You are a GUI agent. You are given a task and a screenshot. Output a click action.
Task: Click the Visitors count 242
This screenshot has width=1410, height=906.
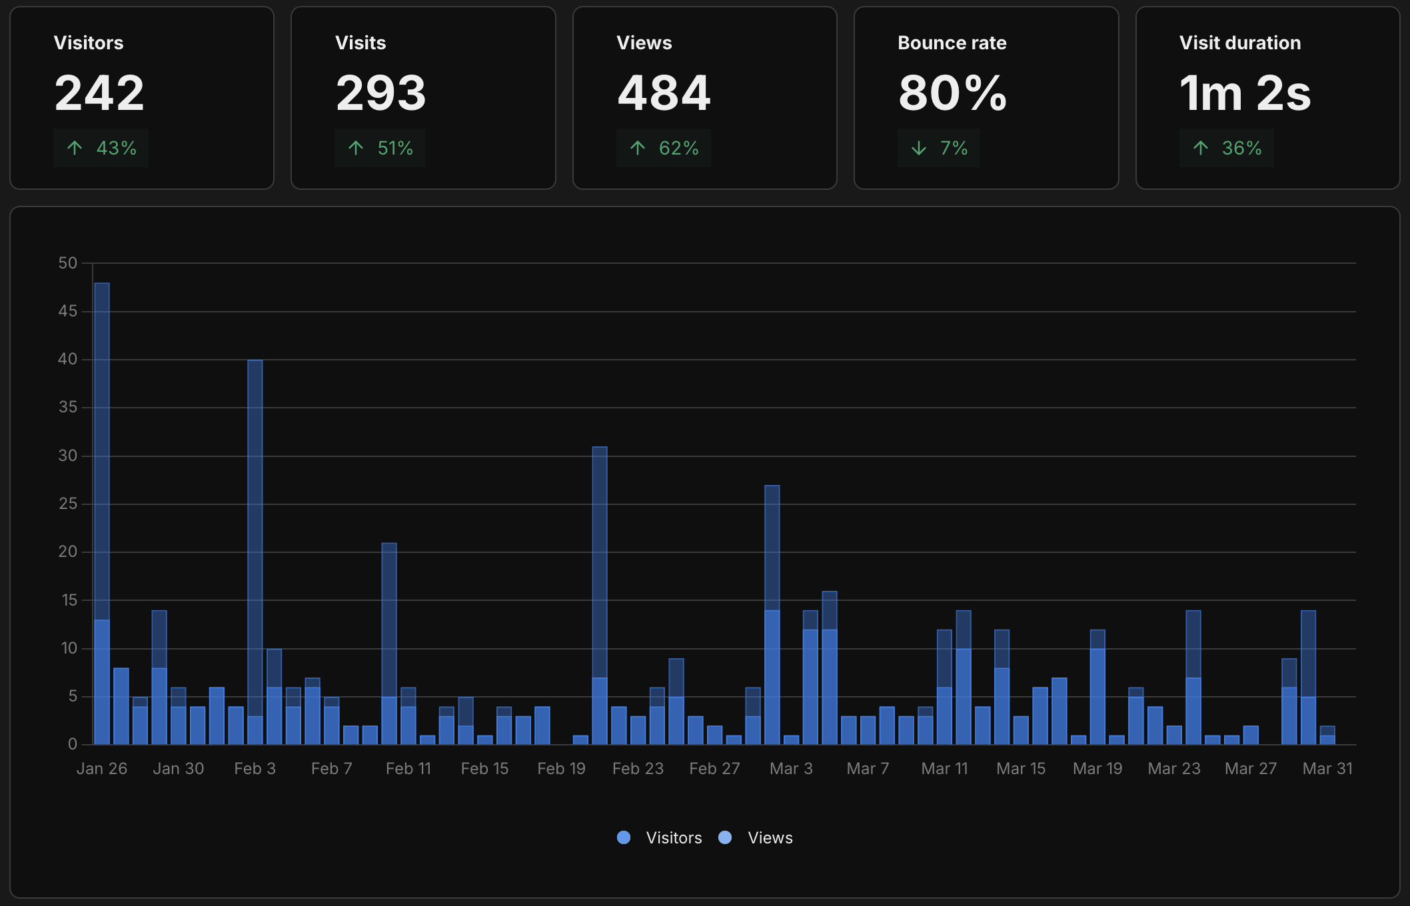[x=99, y=93]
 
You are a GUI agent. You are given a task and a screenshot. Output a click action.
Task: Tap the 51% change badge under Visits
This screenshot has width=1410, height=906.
[x=380, y=148]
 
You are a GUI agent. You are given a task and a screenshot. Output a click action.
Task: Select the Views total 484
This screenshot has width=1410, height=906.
[x=664, y=93]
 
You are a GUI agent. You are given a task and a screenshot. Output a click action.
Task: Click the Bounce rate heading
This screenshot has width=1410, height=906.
[x=952, y=43]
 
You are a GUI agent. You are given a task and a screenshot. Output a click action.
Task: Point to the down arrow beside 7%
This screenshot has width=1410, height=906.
[x=919, y=148]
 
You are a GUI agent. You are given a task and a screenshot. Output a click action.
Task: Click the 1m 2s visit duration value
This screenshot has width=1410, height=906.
[x=1245, y=93]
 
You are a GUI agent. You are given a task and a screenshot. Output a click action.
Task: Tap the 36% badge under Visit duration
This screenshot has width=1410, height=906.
[x=1227, y=148]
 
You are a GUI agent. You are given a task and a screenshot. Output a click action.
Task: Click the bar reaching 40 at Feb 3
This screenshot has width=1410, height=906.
[x=255, y=533]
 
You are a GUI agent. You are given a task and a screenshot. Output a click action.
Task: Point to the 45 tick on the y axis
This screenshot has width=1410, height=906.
[x=67, y=311]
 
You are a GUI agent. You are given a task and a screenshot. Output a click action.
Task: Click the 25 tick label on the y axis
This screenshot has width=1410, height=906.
[x=68, y=504]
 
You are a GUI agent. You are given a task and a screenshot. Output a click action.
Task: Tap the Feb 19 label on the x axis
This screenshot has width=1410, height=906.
[x=561, y=769]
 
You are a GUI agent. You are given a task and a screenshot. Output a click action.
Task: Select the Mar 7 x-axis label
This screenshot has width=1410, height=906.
[x=868, y=769]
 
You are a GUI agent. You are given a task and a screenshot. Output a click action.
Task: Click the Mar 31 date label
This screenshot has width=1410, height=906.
[x=1327, y=769]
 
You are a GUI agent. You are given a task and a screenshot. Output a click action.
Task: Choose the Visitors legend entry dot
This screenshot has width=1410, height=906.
[x=624, y=838]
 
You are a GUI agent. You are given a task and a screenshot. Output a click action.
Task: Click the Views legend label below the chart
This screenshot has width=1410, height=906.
[x=770, y=838]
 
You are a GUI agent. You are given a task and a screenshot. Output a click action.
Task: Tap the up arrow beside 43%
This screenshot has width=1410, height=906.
[x=75, y=148]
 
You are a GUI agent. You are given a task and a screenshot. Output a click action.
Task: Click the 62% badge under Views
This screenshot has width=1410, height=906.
[x=664, y=148]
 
